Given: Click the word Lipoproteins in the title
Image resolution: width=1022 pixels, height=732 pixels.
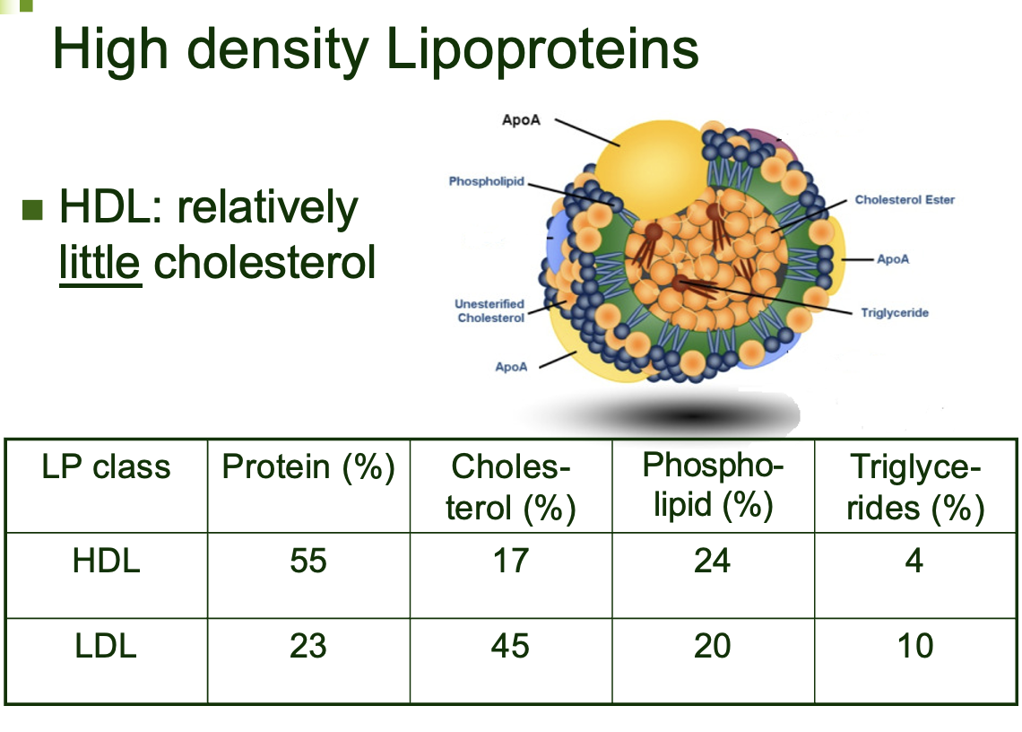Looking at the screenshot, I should point(542,49).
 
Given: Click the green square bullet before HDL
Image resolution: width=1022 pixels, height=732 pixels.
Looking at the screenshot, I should point(32,210).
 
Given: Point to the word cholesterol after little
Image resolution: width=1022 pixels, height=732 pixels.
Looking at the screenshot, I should point(264,263).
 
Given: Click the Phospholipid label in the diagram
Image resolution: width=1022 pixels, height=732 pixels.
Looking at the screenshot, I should point(487,182).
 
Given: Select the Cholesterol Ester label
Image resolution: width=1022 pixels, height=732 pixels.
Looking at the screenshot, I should point(904,199).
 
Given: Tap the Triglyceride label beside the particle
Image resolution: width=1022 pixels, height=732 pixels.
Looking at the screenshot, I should point(894,313).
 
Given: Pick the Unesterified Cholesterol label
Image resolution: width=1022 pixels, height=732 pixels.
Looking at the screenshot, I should point(489,311).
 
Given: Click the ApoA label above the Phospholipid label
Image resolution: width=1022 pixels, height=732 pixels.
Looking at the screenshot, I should point(522,120).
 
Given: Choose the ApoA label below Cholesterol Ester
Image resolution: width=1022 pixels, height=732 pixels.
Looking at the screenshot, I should point(893,258).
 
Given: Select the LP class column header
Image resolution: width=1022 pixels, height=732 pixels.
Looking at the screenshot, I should point(106,467).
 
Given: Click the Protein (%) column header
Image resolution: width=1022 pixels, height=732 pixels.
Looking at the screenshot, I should point(308,467).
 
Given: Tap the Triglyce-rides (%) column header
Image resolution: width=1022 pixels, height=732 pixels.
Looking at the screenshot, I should point(914,488).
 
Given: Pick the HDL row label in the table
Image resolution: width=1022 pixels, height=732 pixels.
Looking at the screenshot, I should point(106,562).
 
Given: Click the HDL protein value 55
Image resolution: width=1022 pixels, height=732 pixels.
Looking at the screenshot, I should point(308,562).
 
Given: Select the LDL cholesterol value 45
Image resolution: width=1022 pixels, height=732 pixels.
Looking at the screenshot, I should point(510,646).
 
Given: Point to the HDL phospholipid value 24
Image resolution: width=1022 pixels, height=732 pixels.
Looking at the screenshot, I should point(713,562).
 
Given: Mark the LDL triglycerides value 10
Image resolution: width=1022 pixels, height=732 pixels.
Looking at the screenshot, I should point(914,646).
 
